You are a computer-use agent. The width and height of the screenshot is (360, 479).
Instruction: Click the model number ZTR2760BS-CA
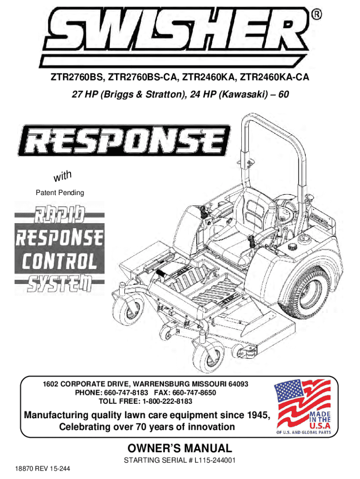coord(143,77)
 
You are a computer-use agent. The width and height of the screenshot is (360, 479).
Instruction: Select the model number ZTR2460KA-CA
coord(274,77)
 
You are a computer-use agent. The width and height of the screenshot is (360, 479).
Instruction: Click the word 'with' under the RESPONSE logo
coord(63,176)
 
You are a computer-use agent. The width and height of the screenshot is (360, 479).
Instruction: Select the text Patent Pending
coord(60,193)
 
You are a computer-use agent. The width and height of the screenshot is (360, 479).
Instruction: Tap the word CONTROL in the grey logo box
coord(59,262)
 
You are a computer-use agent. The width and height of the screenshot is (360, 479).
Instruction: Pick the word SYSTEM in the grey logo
coord(59,283)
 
